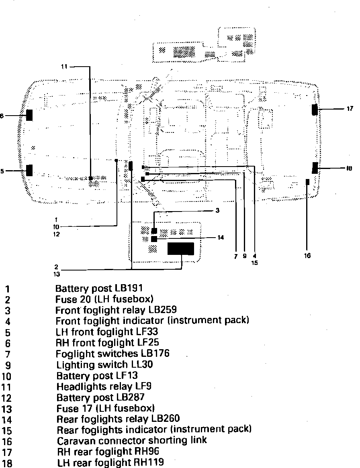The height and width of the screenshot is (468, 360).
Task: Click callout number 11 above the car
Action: point(64,67)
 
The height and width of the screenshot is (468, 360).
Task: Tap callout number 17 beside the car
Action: point(350,108)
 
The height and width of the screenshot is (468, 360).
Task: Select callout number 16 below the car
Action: point(307,255)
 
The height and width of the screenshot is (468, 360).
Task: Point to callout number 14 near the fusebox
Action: point(220,237)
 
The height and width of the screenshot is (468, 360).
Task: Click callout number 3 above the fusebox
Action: point(217,210)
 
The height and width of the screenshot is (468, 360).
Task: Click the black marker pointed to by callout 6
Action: point(29,115)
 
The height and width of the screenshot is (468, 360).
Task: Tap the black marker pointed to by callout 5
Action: point(29,170)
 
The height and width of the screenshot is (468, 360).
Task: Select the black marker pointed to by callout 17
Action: point(315,109)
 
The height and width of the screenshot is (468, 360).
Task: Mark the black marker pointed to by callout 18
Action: point(315,168)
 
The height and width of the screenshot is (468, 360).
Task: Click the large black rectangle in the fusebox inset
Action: point(180,249)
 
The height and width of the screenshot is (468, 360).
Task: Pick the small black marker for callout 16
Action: point(307,182)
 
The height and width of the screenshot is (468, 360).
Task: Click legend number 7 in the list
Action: point(7,354)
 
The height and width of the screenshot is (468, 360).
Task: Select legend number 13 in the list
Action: point(7,410)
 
